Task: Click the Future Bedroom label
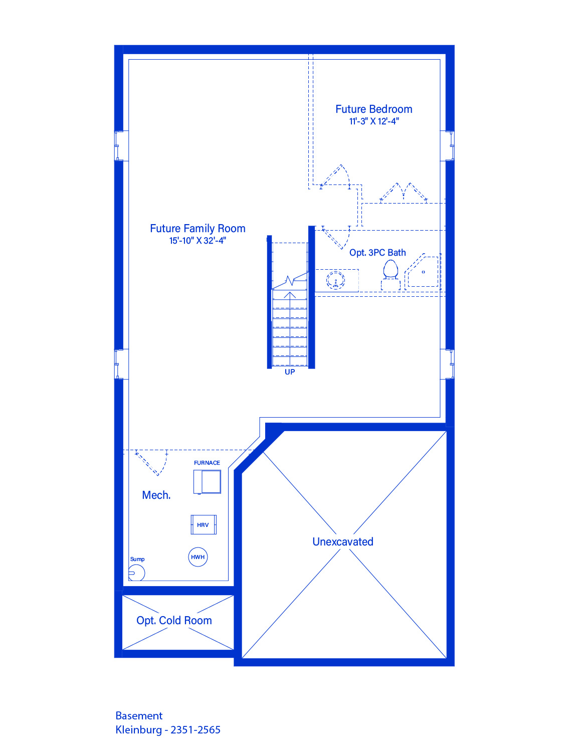tap(374, 109)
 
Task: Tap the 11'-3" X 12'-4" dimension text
tap(374, 121)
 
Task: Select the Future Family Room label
tap(198, 229)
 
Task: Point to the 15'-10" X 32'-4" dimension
tap(198, 241)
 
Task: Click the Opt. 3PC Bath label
tap(377, 253)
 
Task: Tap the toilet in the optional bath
tap(391, 275)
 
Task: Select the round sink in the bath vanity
tap(335, 280)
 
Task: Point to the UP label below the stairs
tap(290, 372)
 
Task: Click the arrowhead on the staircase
tap(290, 295)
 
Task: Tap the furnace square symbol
tap(207, 481)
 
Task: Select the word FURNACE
tap(207, 463)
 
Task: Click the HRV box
tap(204, 524)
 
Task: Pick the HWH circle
tap(198, 557)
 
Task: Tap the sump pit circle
tap(137, 573)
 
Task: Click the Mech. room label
tap(156, 495)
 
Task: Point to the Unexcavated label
tap(343, 541)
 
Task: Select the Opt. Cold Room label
tap(174, 621)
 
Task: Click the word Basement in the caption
tap(139, 715)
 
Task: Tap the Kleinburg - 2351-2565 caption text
tap(168, 730)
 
